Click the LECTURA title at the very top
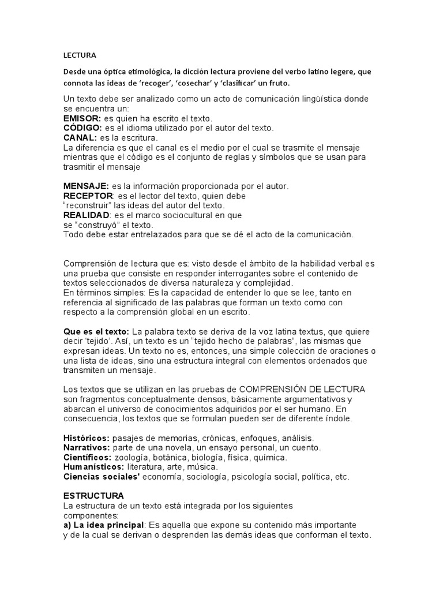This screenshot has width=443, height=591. point(80,56)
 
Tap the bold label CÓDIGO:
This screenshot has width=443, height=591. point(82,128)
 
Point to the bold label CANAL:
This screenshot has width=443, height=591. point(80,138)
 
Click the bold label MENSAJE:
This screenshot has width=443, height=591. point(86,186)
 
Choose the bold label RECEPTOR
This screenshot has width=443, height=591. point(87,196)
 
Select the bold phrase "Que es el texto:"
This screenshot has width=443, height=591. point(96,331)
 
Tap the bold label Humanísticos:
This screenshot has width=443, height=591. point(93,467)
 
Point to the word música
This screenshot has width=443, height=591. point(202,467)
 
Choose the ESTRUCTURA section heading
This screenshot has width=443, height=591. point(93,496)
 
